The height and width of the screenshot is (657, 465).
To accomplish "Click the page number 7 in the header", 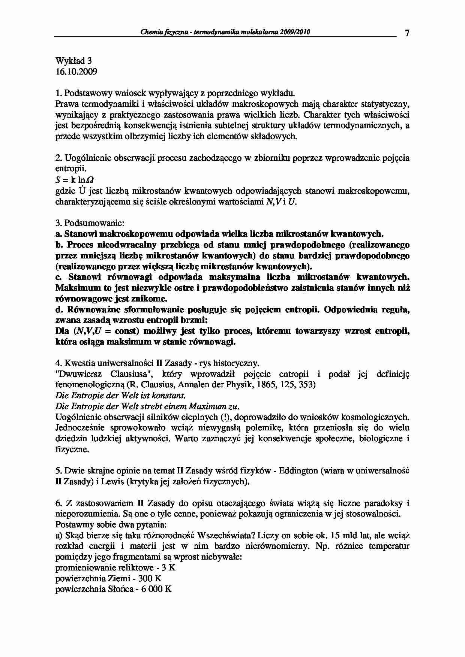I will (x=407, y=33).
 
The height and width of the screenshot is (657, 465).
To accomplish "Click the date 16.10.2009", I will (x=76, y=72).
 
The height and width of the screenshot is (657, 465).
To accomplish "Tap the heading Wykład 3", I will (x=73, y=61).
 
